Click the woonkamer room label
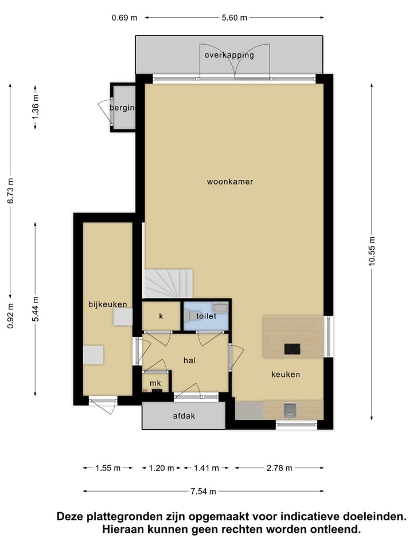pos(230,182)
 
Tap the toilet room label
pos(205,316)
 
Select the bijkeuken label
pos(107,304)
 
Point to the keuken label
pos(286,375)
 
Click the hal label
pos(190,360)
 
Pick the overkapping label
pos(229,56)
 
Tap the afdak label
pos(184,416)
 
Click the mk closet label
pos(155,383)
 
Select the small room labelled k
pos(161,316)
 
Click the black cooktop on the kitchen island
pos(292,348)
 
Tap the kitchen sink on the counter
pos(290,409)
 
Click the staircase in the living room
pos(168,284)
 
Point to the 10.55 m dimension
pos(372,251)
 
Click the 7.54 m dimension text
pos(204,492)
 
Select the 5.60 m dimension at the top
pos(235,17)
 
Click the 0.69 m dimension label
pos(124,17)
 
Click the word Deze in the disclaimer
pos(72,516)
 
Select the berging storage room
pos(123,108)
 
